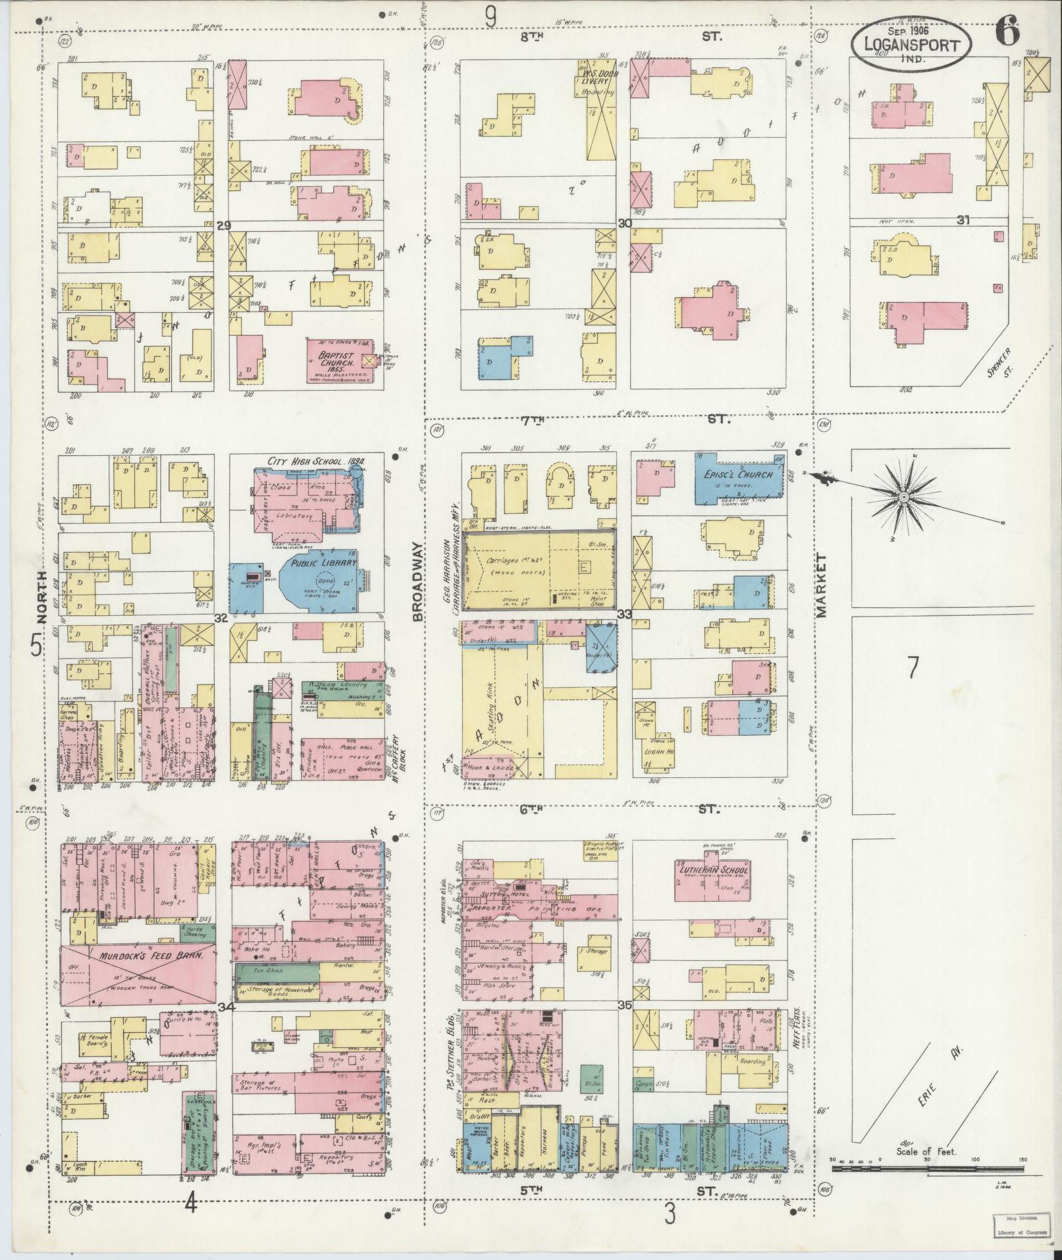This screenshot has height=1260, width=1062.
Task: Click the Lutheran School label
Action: [x=712, y=869]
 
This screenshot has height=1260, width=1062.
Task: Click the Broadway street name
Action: [x=416, y=582]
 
